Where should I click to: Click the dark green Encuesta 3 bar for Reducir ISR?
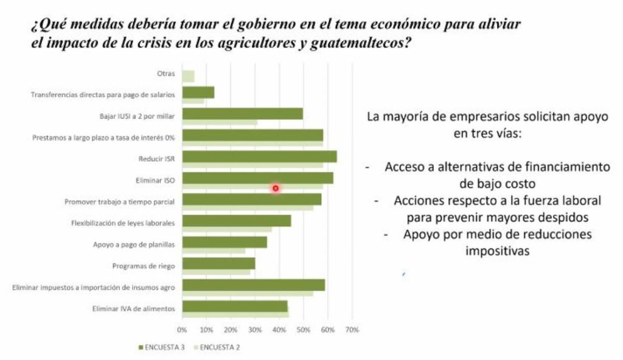(x=259, y=157)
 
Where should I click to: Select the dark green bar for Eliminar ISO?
(x=257, y=178)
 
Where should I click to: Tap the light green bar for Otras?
(x=188, y=76)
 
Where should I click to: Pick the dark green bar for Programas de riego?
(x=218, y=263)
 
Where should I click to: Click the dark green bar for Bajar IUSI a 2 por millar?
(x=242, y=114)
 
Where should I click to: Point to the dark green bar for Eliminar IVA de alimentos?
(x=235, y=306)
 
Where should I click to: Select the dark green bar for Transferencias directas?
(x=198, y=92)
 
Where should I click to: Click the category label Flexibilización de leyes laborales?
(x=123, y=223)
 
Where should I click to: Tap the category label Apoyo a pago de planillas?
(x=134, y=244)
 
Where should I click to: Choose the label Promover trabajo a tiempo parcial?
(x=120, y=202)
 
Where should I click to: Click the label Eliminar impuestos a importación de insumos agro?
(x=94, y=287)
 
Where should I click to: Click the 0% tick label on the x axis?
(x=182, y=330)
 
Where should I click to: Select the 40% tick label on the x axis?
(x=279, y=330)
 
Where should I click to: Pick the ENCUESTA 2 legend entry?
(x=218, y=347)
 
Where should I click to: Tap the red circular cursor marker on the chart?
(x=276, y=189)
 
